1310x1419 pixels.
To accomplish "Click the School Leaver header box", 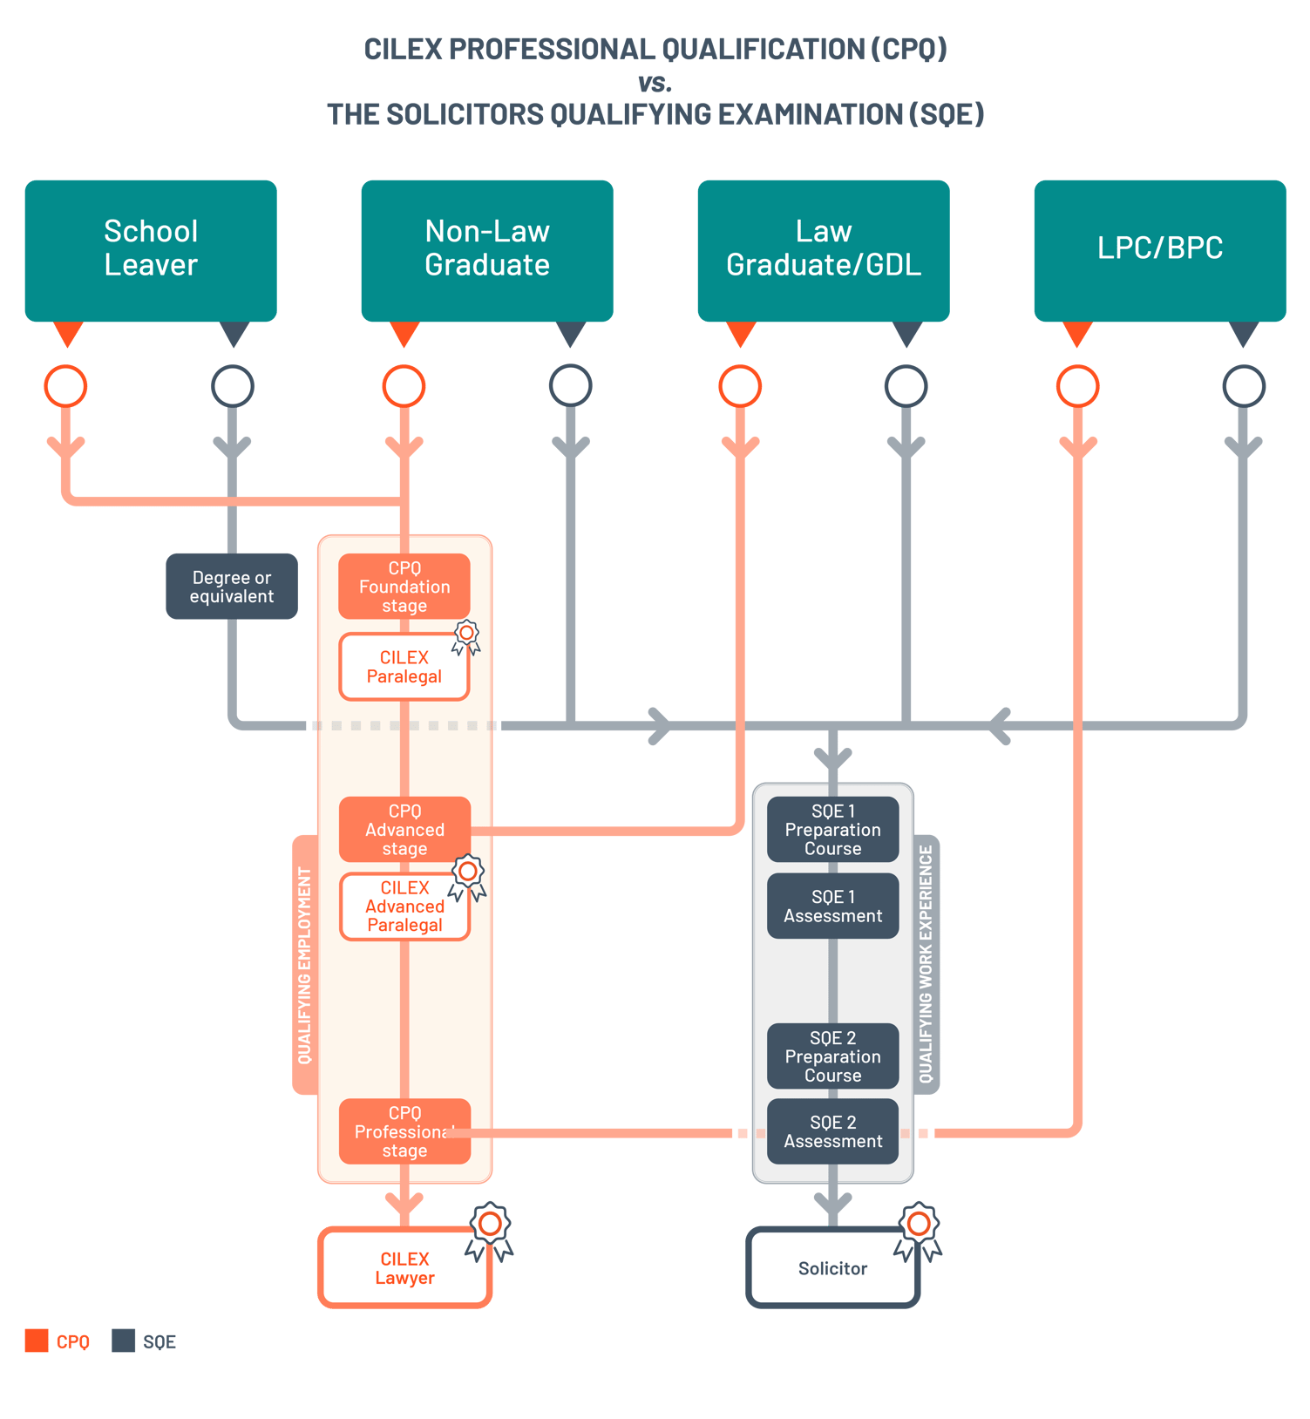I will [x=151, y=249].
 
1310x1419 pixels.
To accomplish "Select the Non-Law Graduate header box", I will [x=486, y=249].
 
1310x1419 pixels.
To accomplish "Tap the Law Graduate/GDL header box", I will [x=823, y=249].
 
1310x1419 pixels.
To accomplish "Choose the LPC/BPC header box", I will [x=1159, y=249].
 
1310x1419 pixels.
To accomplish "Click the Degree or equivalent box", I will [x=232, y=587].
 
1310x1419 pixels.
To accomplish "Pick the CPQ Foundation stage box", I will [x=404, y=587].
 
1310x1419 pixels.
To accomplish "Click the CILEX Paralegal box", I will [x=404, y=667].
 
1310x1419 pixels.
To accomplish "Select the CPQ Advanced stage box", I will [x=404, y=830].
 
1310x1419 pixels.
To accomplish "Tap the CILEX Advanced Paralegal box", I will [x=404, y=906].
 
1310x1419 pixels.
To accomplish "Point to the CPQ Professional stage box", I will [x=404, y=1131].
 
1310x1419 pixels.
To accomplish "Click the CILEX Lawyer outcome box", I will [x=404, y=1268].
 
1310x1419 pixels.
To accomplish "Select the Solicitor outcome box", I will [x=832, y=1268].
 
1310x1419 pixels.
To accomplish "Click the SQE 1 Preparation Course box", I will [x=832, y=830].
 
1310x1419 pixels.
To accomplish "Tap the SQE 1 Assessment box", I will [x=832, y=906].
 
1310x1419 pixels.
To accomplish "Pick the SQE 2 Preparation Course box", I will [x=832, y=1056].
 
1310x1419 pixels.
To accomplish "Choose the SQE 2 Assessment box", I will [x=832, y=1131].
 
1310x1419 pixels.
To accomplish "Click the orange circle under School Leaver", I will [x=66, y=386].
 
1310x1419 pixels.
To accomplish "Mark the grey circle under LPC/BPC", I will [x=1243, y=386].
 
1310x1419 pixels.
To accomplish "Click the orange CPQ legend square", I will [x=37, y=1341].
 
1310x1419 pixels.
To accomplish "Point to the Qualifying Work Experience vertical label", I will [x=927, y=964].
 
